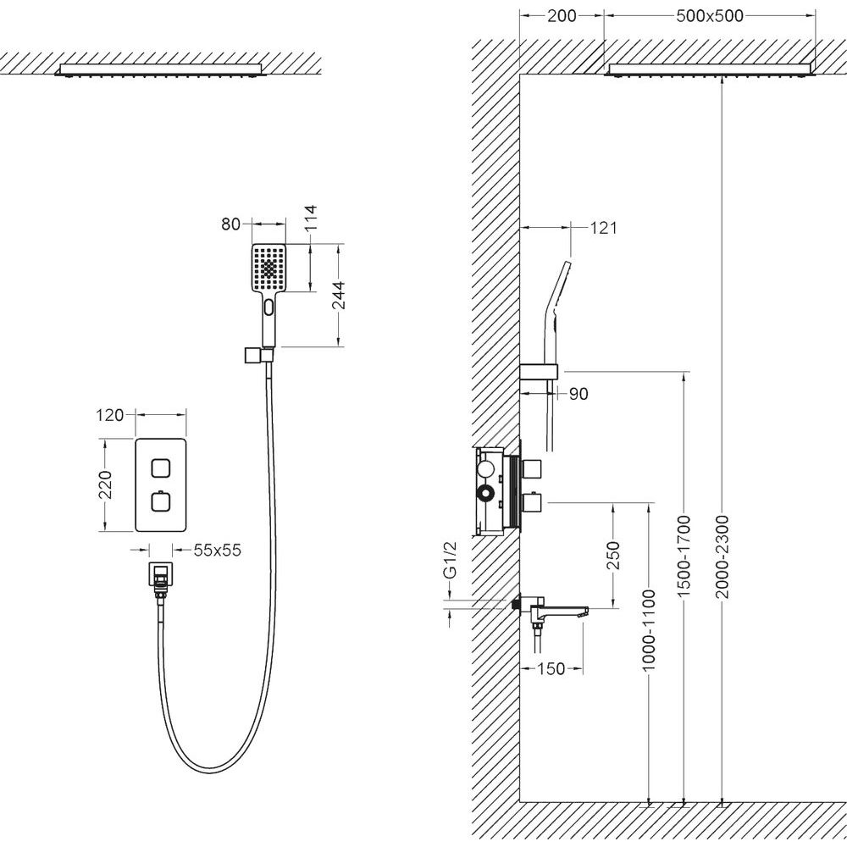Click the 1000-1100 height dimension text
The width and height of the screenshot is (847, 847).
pyautogui.click(x=650, y=632)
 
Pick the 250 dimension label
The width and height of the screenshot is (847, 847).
pyautogui.click(x=614, y=556)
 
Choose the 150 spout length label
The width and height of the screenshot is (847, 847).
pyautogui.click(x=551, y=669)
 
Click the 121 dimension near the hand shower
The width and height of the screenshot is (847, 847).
pyautogui.click(x=604, y=227)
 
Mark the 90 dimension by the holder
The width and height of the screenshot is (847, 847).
pyautogui.click(x=579, y=394)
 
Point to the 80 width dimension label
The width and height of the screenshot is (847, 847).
pyautogui.click(x=231, y=224)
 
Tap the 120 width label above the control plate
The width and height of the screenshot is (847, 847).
pyautogui.click(x=112, y=415)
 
